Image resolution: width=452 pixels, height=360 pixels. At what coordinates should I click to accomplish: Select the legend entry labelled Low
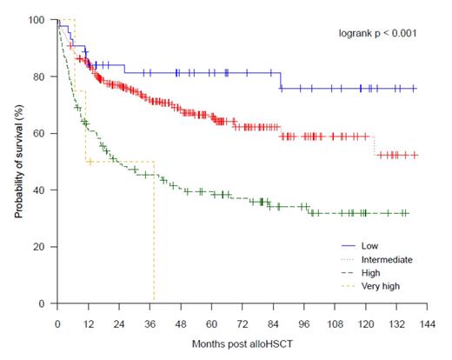369,246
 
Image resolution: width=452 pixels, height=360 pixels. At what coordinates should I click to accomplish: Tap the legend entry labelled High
370,272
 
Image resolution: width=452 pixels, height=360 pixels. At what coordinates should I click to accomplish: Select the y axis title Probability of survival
19,162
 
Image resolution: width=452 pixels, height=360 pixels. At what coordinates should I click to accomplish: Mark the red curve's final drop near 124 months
375,145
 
